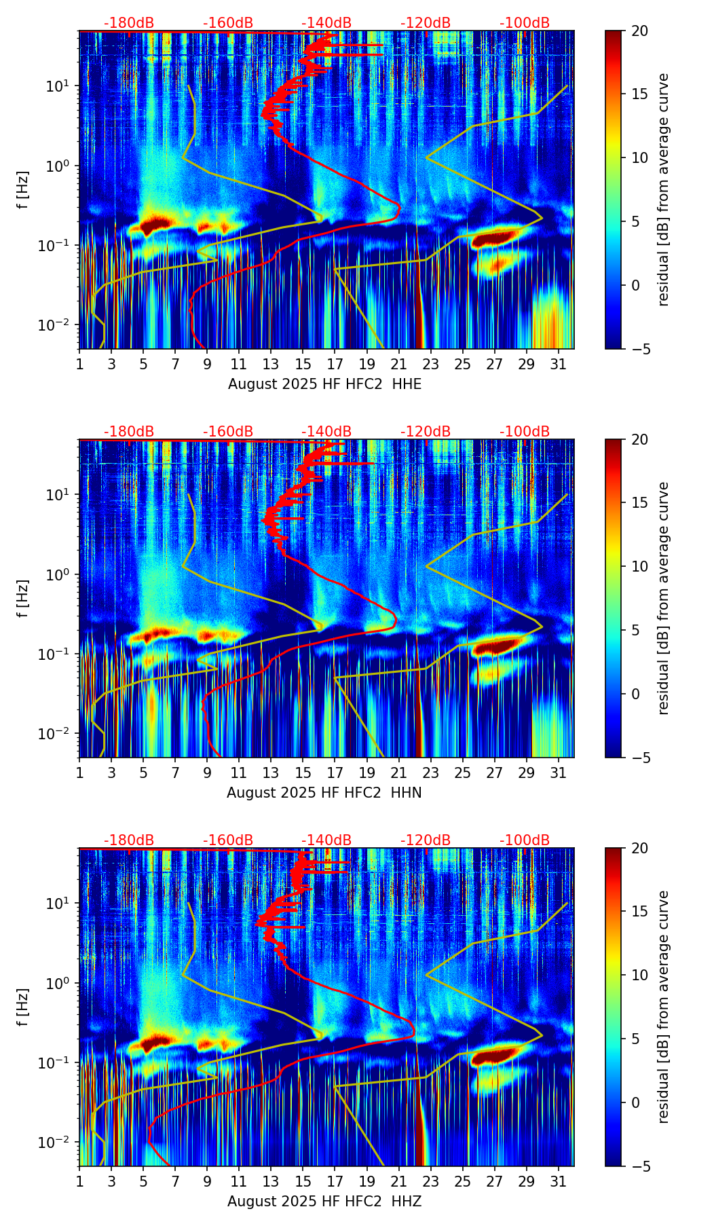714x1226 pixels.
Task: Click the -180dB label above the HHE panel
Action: (129, 23)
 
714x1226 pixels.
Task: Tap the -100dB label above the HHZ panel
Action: (525, 840)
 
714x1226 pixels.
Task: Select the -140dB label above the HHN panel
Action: (326, 432)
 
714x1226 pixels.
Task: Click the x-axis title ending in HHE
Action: (324, 384)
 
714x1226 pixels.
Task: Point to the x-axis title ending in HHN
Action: (324, 793)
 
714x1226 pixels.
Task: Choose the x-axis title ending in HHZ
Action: (324, 1202)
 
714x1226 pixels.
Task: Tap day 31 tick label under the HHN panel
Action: (558, 772)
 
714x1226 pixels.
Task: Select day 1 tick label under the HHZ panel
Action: (79, 1181)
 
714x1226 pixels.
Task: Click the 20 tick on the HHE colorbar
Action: (639, 31)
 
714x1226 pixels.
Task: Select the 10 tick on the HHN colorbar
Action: (639, 566)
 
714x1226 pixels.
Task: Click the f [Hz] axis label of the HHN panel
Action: (24, 598)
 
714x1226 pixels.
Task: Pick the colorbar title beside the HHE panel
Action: (664, 189)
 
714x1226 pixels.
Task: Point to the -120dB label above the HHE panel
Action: (426, 23)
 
